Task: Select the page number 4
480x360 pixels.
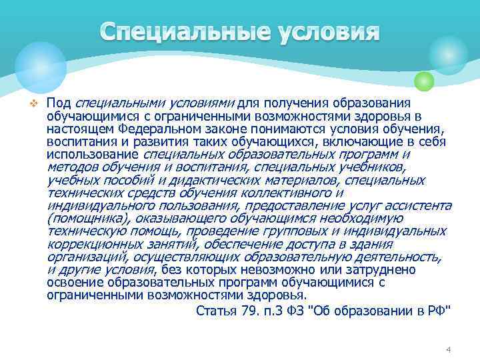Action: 449,350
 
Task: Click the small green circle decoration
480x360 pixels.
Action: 424,81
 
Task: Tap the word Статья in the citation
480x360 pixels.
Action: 217,310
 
